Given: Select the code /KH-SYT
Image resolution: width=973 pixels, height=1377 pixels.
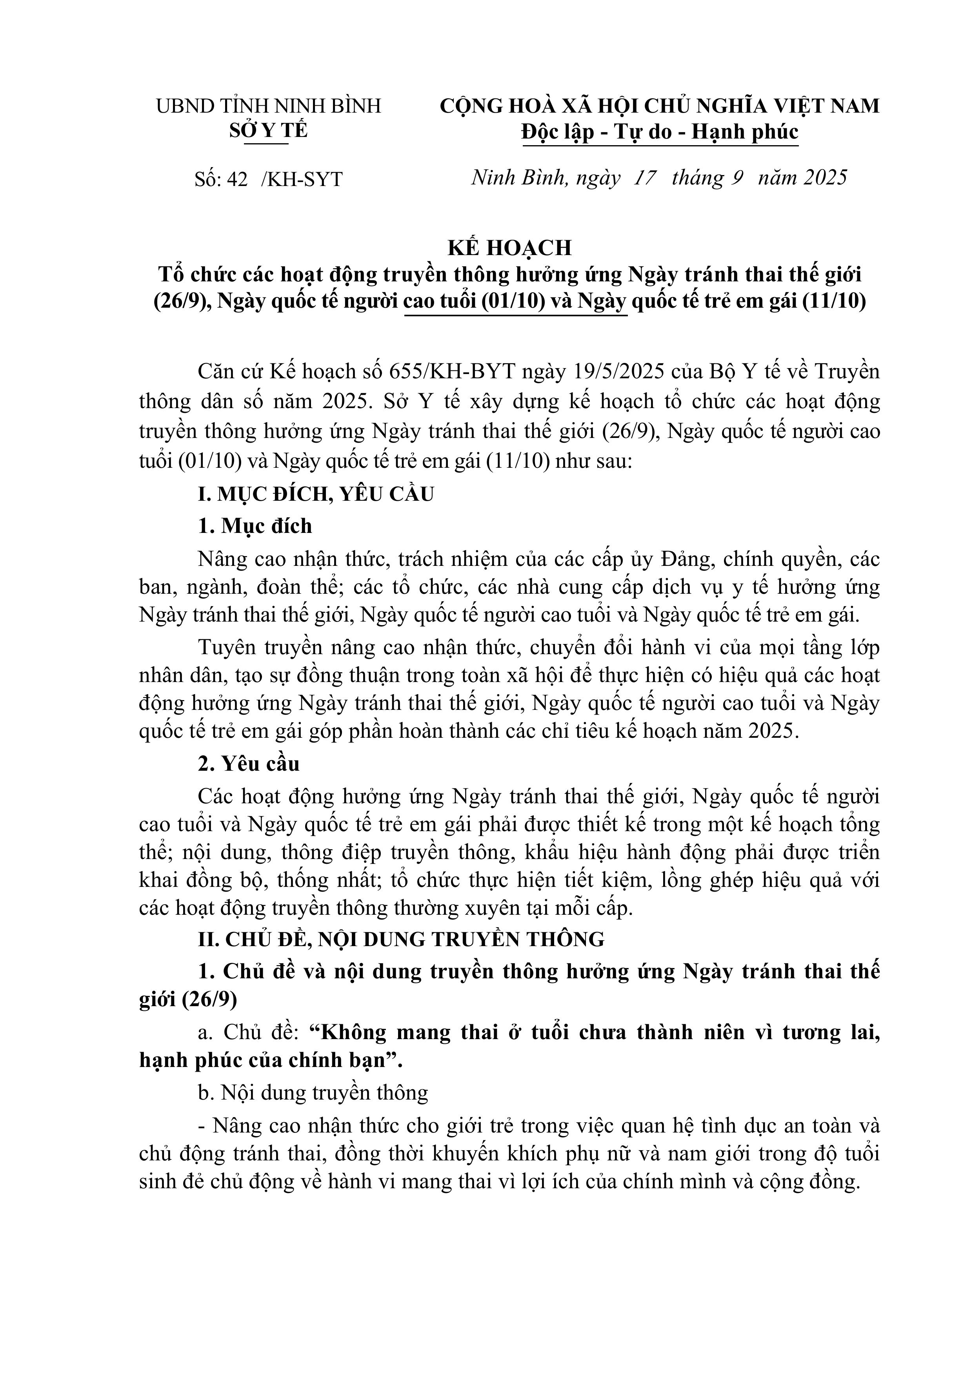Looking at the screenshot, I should click(x=302, y=179).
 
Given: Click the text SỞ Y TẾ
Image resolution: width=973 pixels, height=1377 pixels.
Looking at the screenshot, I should click(x=268, y=131).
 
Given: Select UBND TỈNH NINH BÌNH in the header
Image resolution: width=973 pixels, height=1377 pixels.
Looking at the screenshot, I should click(x=269, y=106).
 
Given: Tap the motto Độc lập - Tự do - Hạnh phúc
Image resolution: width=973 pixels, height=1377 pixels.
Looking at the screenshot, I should click(x=660, y=131).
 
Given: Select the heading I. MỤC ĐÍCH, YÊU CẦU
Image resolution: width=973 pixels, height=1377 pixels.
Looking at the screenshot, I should click(x=316, y=494).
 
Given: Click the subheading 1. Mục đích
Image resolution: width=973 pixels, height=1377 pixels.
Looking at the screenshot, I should click(x=255, y=526).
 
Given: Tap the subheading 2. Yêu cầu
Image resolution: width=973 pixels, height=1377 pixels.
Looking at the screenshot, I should click(x=249, y=764).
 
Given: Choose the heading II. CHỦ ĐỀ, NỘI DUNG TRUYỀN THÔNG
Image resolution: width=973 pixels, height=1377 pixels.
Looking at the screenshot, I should click(x=401, y=939).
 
